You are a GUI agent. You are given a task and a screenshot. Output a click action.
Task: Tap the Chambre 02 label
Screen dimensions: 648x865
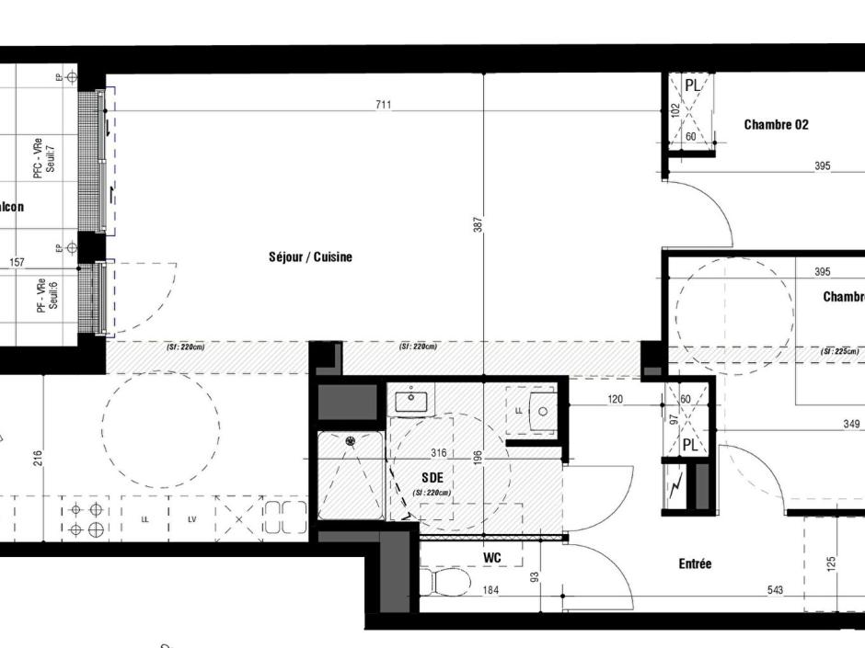pyautogui.click(x=776, y=125)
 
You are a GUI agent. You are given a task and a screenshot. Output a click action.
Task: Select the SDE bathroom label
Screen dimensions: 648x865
pyautogui.click(x=432, y=478)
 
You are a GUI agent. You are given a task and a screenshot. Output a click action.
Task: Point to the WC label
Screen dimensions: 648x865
pyautogui.click(x=491, y=558)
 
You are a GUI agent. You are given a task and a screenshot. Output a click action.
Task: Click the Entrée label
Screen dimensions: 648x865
pyautogui.click(x=695, y=563)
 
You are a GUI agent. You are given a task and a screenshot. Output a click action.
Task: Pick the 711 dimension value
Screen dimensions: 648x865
pyautogui.click(x=383, y=105)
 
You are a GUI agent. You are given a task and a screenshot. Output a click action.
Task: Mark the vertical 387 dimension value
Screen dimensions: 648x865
pyautogui.click(x=479, y=223)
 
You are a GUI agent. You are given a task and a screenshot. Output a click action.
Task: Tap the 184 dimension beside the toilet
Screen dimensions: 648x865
pyautogui.click(x=490, y=590)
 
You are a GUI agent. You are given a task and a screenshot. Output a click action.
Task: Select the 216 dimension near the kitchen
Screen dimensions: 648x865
pyautogui.click(x=39, y=458)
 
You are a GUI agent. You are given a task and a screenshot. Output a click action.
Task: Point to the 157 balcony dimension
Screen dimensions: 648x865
pyautogui.click(x=17, y=263)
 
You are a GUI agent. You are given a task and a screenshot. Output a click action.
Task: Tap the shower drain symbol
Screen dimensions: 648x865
pyautogui.click(x=351, y=441)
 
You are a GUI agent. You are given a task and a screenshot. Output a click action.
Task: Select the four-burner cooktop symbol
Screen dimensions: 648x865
pyautogui.click(x=86, y=519)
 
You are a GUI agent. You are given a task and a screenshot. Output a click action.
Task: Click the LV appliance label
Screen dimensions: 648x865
pyautogui.click(x=192, y=520)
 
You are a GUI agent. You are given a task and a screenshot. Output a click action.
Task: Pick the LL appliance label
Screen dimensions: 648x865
pyautogui.click(x=144, y=520)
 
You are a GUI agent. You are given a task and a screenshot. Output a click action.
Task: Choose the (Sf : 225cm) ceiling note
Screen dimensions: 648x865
pyautogui.click(x=839, y=352)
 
